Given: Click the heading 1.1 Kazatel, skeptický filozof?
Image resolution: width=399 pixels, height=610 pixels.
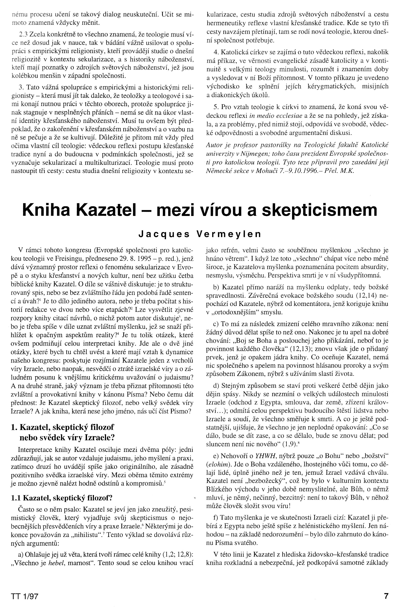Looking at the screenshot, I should [62, 498].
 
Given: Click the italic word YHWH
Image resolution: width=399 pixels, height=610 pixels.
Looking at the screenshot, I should [261, 456].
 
